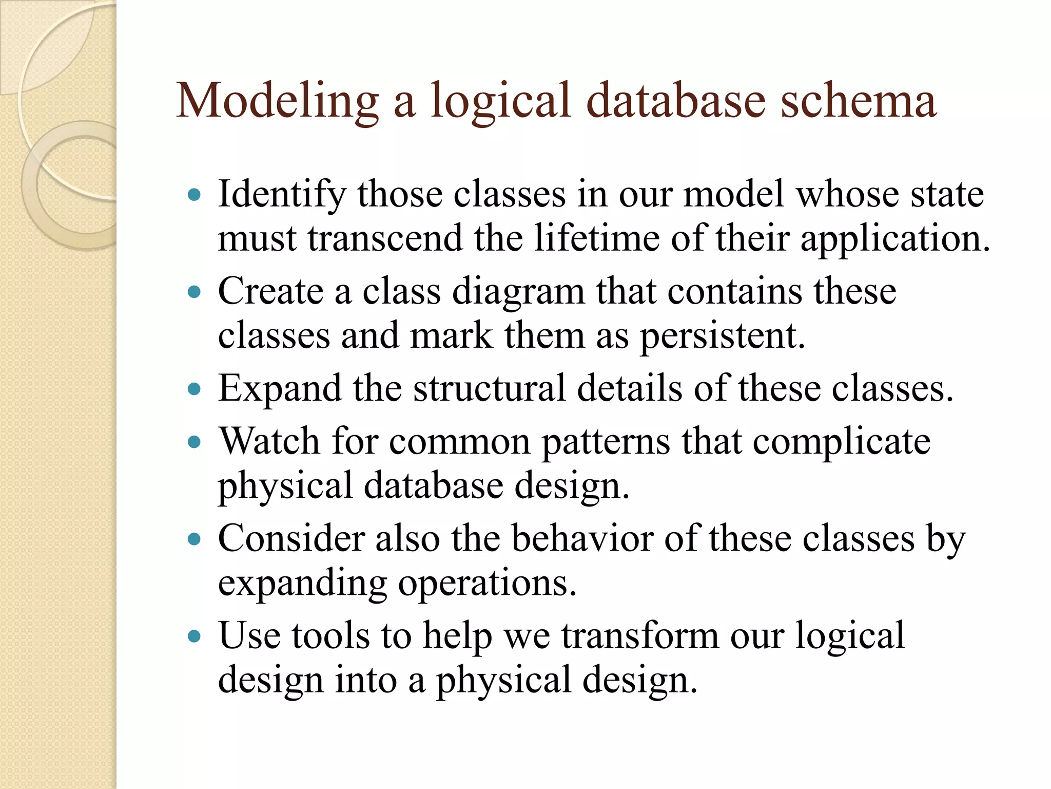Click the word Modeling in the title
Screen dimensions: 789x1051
click(277, 102)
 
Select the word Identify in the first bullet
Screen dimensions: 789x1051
click(282, 195)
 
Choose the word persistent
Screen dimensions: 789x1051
click(722, 336)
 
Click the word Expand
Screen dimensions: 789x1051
click(280, 389)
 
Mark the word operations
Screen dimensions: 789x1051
click(487, 584)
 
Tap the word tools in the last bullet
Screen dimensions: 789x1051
click(330, 636)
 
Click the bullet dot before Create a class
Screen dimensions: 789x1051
click(194, 293)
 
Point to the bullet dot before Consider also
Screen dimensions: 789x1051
click(194, 539)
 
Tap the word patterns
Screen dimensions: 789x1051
click(606, 442)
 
